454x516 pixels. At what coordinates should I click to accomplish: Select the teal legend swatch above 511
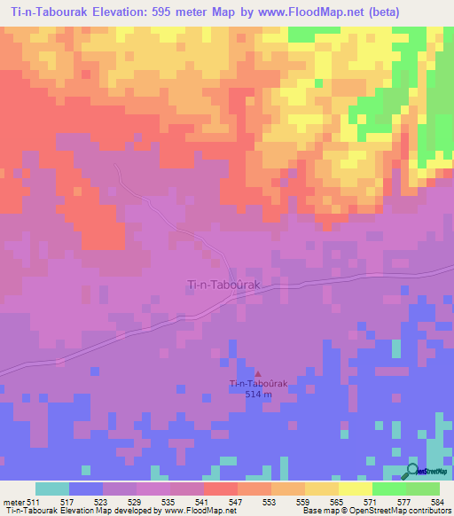(x=52, y=489)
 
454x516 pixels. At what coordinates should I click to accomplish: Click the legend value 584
(x=434, y=502)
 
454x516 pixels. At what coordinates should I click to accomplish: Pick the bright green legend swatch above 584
(x=423, y=489)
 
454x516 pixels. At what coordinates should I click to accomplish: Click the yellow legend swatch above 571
(x=356, y=489)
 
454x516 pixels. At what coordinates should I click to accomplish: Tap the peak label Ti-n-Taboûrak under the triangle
(x=258, y=383)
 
